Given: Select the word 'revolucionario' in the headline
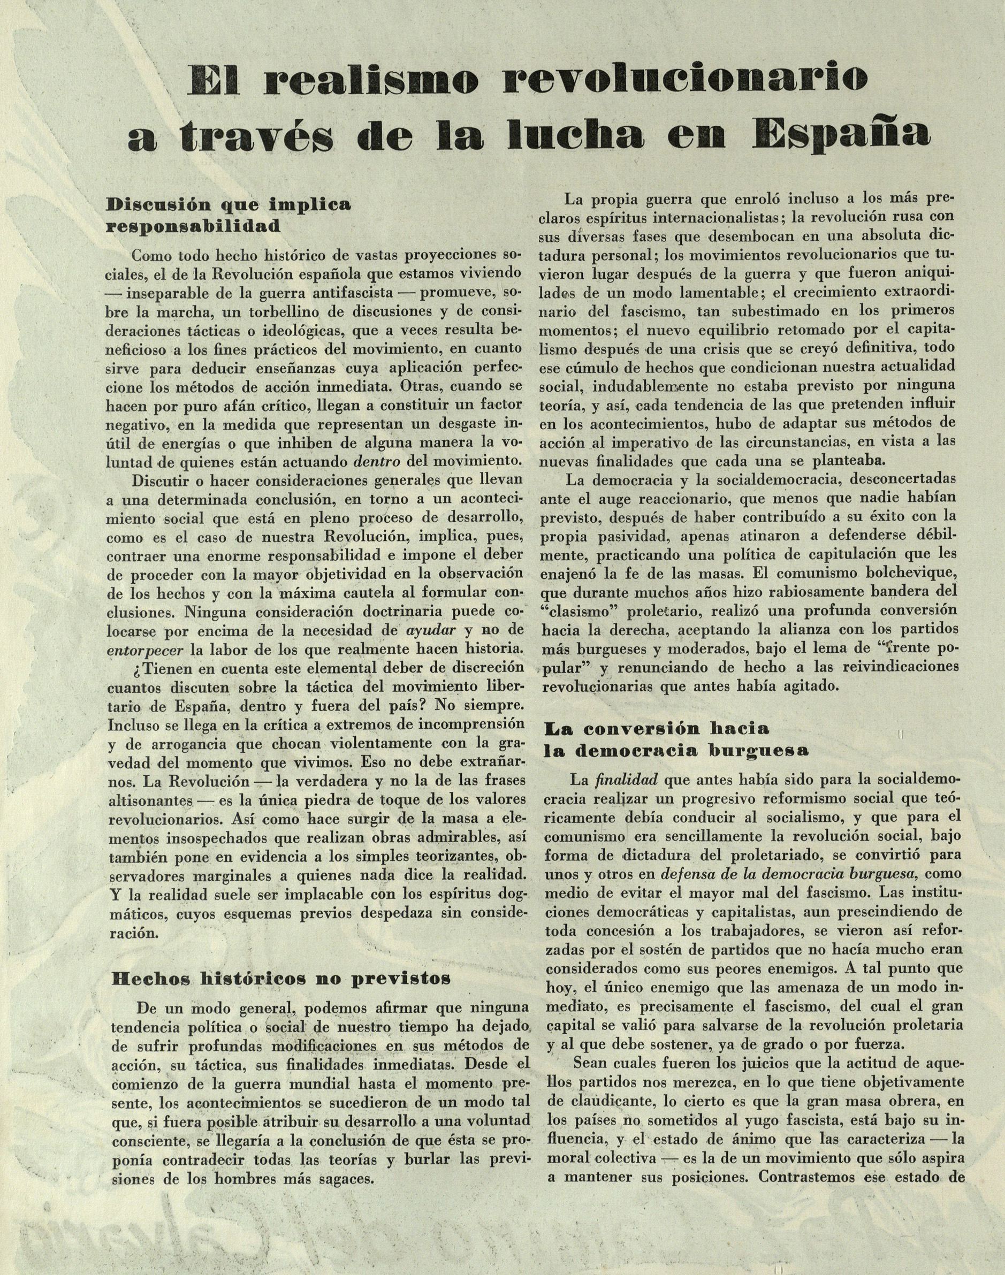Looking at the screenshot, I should point(686,81).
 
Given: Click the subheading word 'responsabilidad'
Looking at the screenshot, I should point(193,227).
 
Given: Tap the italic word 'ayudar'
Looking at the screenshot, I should point(431,630).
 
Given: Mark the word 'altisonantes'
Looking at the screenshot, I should point(152,801).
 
